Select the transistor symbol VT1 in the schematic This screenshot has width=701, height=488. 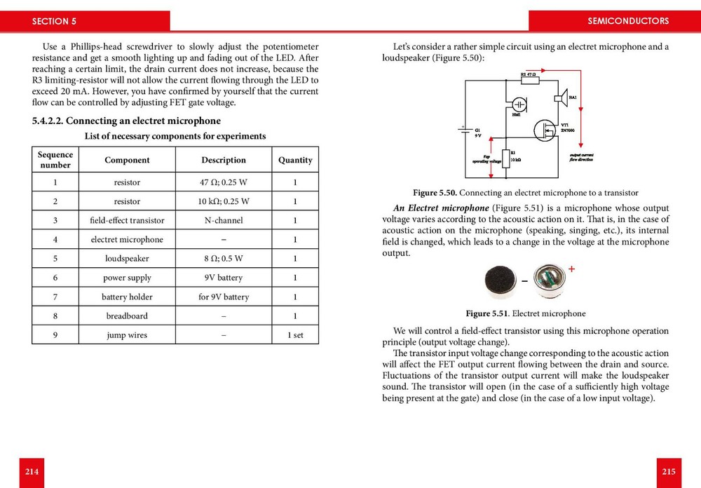click(544, 130)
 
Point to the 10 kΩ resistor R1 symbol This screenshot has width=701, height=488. click(505, 158)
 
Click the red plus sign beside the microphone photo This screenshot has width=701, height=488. click(571, 269)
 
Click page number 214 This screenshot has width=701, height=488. click(32, 472)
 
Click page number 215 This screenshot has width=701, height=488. click(668, 472)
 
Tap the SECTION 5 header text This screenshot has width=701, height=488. click(54, 21)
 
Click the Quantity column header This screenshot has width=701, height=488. click(295, 160)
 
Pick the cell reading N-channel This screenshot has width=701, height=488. click(223, 220)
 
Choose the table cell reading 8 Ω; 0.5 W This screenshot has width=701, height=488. click(223, 259)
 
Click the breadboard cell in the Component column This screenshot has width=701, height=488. click(127, 316)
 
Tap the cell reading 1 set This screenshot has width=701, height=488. click(295, 335)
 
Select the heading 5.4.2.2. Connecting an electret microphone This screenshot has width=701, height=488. click(126, 121)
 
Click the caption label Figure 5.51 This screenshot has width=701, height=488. click(487, 313)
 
